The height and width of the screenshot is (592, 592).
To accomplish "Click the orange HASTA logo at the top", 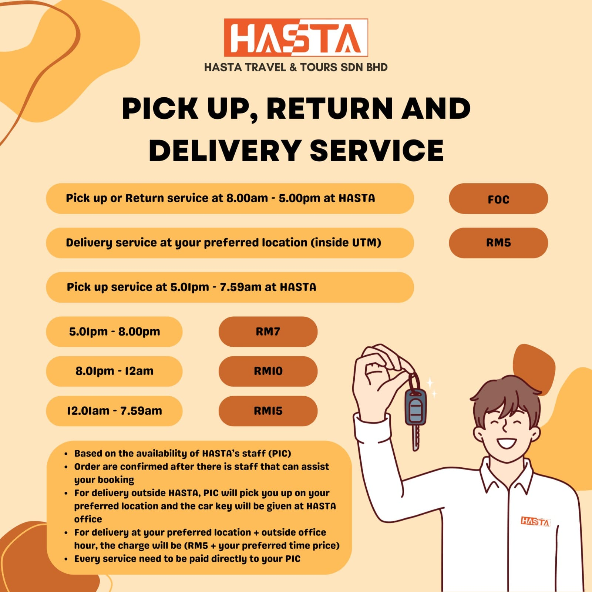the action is pyautogui.click(x=296, y=38).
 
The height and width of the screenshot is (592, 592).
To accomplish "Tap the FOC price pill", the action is pyautogui.click(x=498, y=199).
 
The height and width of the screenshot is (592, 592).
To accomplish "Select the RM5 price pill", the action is pyautogui.click(x=498, y=243).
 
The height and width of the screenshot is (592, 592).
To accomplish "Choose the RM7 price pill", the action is pyautogui.click(x=268, y=332).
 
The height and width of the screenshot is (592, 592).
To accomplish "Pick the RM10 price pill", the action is pyautogui.click(x=268, y=371).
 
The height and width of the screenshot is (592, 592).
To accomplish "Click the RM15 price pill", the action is pyautogui.click(x=268, y=411).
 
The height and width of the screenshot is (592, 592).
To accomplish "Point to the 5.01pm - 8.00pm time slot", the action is pyautogui.click(x=114, y=332).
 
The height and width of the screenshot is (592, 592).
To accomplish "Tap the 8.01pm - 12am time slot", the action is pyautogui.click(x=114, y=371).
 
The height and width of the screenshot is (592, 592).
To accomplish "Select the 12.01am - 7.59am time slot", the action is pyautogui.click(x=114, y=411).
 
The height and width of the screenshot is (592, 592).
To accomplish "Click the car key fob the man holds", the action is pyautogui.click(x=416, y=406).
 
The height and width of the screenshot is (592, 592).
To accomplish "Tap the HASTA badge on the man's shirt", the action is pyautogui.click(x=535, y=521).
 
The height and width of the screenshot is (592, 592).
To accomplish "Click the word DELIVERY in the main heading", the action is pyautogui.click(x=225, y=151).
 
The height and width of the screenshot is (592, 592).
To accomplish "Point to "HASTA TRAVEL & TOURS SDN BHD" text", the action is pyautogui.click(x=296, y=67).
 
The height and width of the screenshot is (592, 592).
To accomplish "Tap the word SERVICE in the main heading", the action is pyautogui.click(x=377, y=151).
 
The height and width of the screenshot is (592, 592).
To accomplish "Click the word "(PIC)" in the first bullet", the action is pyautogui.click(x=280, y=454).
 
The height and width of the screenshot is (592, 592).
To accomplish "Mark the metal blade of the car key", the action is pyautogui.click(x=416, y=438).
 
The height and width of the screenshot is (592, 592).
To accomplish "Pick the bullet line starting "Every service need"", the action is pyautogui.click(x=187, y=559).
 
